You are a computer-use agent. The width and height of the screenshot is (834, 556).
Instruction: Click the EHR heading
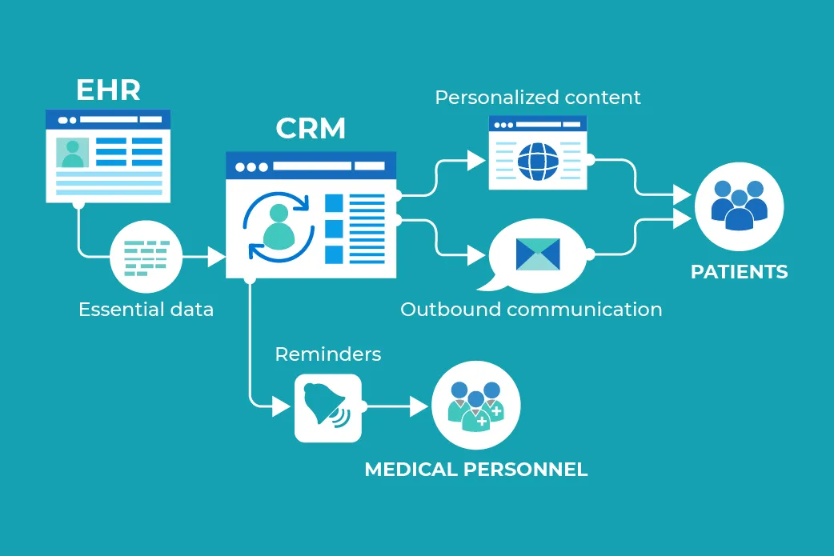108,90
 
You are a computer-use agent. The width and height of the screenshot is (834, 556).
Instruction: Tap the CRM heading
311,129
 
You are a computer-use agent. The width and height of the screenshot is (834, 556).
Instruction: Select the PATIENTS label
739,272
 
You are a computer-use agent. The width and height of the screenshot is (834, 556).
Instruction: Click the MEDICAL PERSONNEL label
475,470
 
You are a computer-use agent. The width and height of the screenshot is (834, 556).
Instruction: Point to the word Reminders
327,354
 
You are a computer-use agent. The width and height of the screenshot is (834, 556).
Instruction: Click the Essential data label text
146,310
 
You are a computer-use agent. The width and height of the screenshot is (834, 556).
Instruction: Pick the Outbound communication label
531,310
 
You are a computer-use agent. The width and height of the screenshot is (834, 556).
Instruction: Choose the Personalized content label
537,98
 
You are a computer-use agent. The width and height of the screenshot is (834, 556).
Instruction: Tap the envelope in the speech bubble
538,254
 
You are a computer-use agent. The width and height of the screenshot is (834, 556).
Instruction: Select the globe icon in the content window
537,161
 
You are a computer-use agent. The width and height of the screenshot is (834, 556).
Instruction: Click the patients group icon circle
739,206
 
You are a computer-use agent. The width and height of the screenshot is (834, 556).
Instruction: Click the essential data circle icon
146,256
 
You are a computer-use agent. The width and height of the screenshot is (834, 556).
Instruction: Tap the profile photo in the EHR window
73,152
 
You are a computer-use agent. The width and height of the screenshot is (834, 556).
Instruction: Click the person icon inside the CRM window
278,226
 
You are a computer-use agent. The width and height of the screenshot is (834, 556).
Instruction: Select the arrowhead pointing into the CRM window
216,256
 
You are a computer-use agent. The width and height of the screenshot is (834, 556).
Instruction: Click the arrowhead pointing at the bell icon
281,406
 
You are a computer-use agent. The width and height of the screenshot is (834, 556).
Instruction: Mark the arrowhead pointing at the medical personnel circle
419,406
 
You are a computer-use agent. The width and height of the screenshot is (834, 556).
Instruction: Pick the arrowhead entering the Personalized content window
476,160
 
